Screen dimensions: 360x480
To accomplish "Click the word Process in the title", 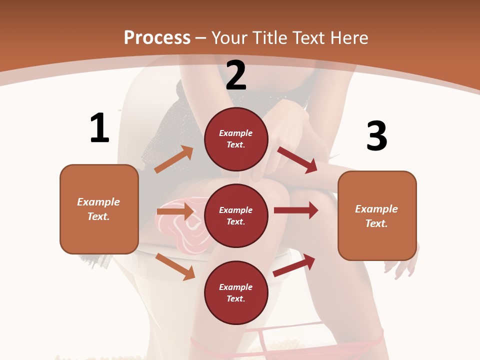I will click(157, 37).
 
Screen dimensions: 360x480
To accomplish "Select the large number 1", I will click(99, 128).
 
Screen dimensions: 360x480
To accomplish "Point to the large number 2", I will click(236, 75).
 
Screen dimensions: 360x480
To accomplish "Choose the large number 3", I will click(376, 136).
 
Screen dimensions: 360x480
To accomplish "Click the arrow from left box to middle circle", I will click(175, 212).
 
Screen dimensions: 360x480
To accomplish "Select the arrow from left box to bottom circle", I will click(175, 266).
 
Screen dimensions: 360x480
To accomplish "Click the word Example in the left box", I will click(98, 202).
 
